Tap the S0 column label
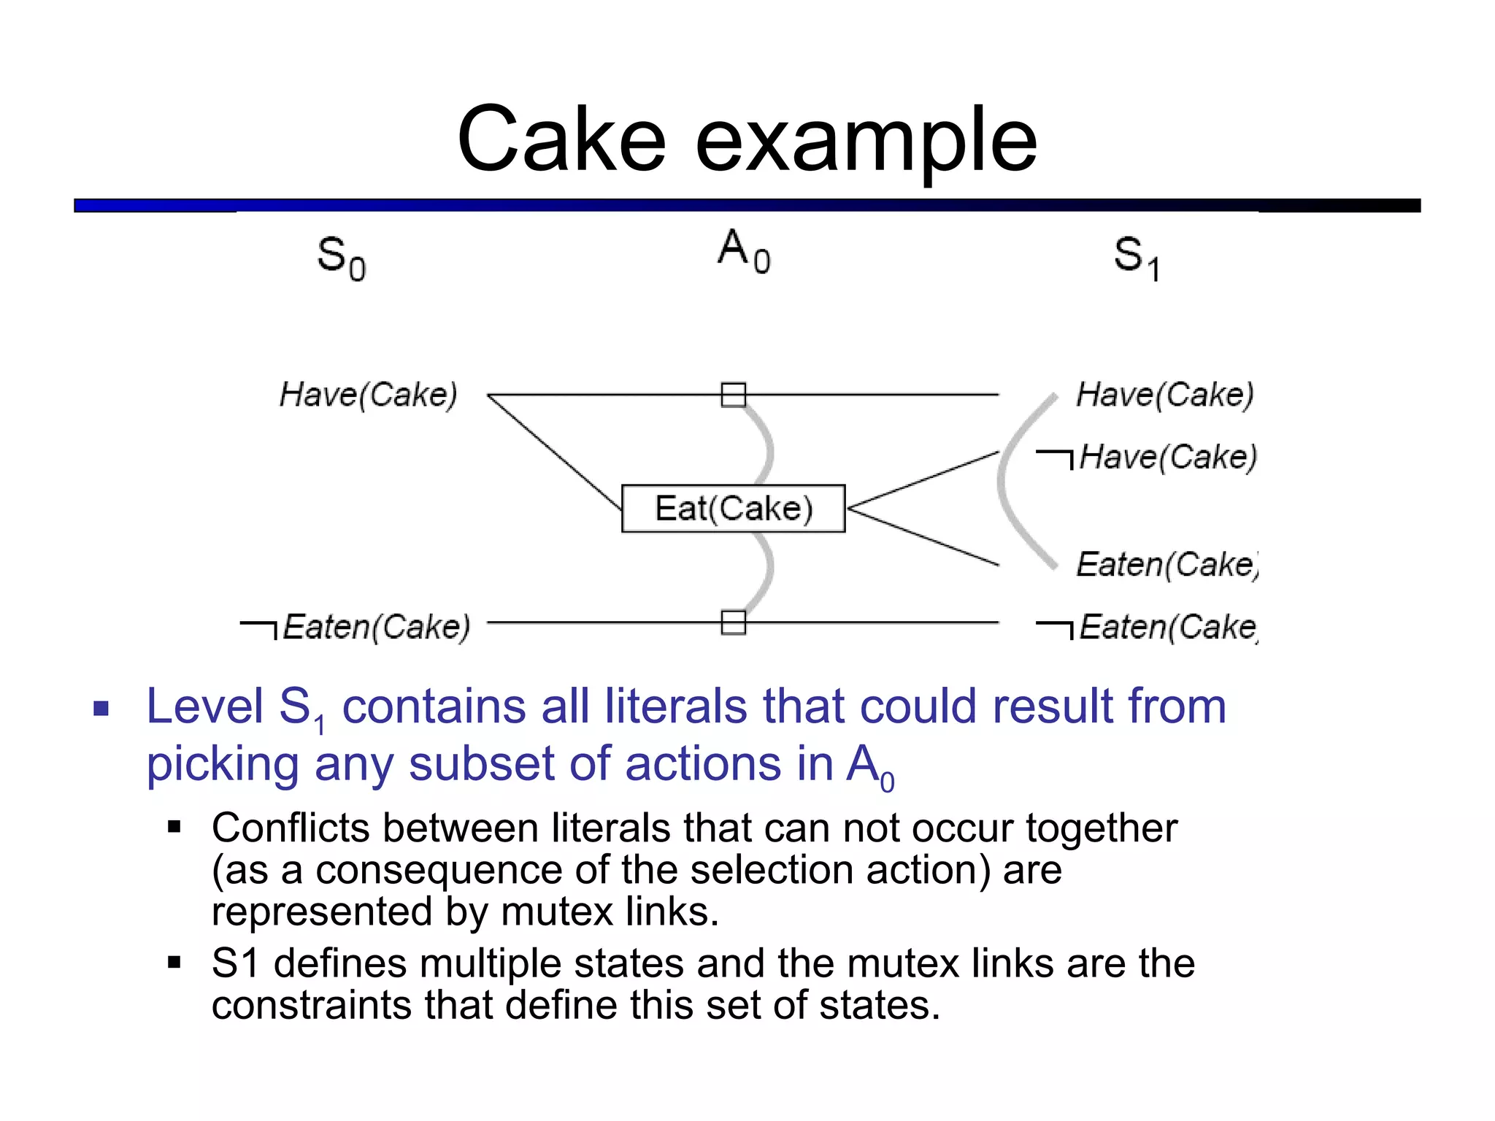(x=341, y=258)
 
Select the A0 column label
(x=743, y=251)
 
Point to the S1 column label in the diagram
(x=1137, y=258)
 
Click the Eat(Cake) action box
(x=733, y=509)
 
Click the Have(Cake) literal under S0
(x=369, y=395)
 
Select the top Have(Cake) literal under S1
(x=1165, y=395)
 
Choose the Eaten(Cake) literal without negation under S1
(x=1167, y=564)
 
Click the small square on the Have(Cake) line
(x=733, y=395)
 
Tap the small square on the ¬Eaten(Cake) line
(x=733, y=623)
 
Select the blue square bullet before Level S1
(x=101, y=708)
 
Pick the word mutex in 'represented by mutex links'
(x=556, y=912)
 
